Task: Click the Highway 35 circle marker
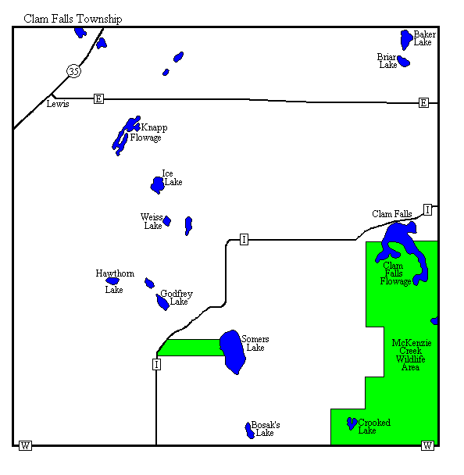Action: pos(73,71)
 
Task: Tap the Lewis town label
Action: pos(58,104)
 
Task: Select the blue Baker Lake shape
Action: pos(406,39)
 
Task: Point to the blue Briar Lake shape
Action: pos(403,61)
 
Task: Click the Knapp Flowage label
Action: pos(148,132)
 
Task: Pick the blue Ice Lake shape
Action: pos(158,185)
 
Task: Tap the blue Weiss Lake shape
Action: pos(167,221)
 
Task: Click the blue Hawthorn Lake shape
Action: pos(112,281)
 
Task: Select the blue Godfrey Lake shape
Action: pos(162,302)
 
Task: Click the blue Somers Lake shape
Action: pos(233,352)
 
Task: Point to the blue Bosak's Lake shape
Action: pos(249,430)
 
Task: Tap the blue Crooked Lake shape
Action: pos(352,423)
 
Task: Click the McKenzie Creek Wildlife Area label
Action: pos(412,355)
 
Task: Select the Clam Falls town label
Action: pos(392,214)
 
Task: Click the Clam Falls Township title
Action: pos(73,19)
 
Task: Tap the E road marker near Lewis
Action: pos(98,98)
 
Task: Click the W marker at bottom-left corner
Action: pos(25,445)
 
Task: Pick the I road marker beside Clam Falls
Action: pos(427,209)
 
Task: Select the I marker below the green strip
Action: pos(156,364)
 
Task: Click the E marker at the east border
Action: pos(423,102)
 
